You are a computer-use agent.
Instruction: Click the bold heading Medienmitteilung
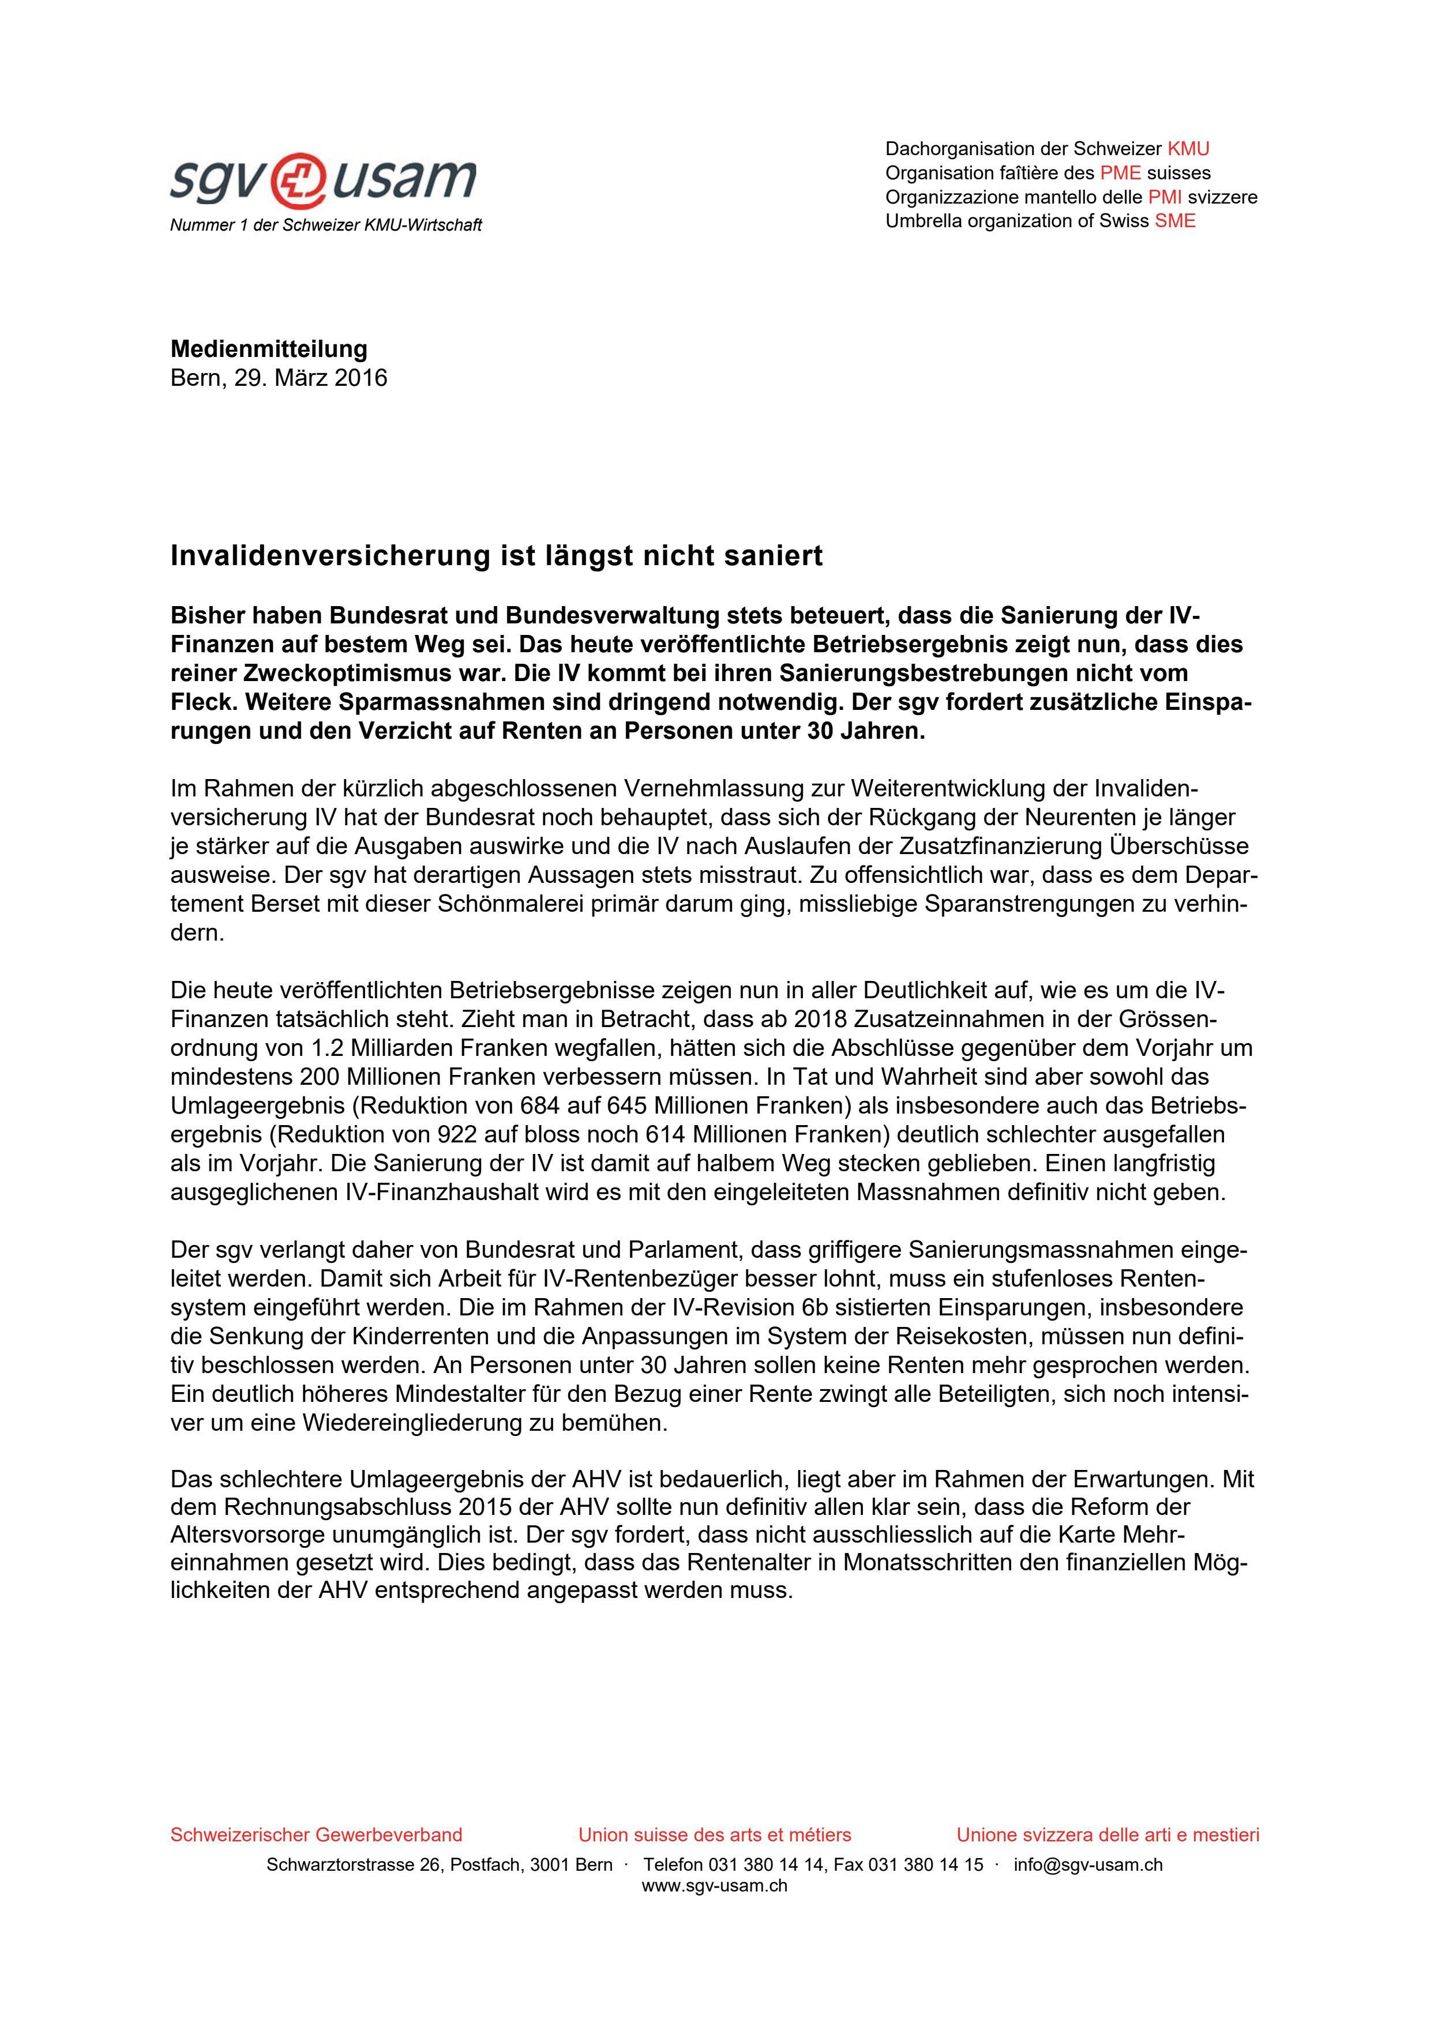[x=269, y=349]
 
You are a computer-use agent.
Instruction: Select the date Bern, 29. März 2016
[x=279, y=378]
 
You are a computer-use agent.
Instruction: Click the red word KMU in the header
[x=1188, y=149]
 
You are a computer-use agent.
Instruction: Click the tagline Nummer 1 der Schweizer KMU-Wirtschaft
[x=325, y=225]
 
